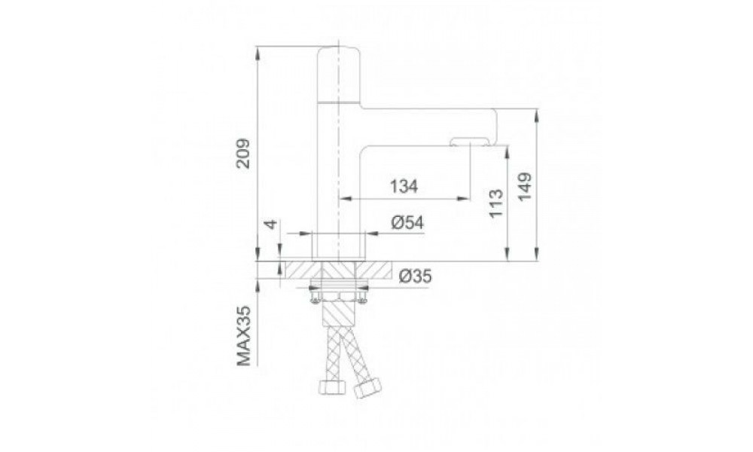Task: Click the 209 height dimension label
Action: click(x=245, y=153)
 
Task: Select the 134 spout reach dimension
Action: click(x=404, y=186)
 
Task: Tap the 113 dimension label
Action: click(x=496, y=203)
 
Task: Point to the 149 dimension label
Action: click(x=525, y=186)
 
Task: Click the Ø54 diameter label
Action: click(x=407, y=223)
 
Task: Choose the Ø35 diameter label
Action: click(x=416, y=276)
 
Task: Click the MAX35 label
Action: click(x=245, y=336)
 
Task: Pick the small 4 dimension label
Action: click(x=272, y=224)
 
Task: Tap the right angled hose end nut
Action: click(x=367, y=388)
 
